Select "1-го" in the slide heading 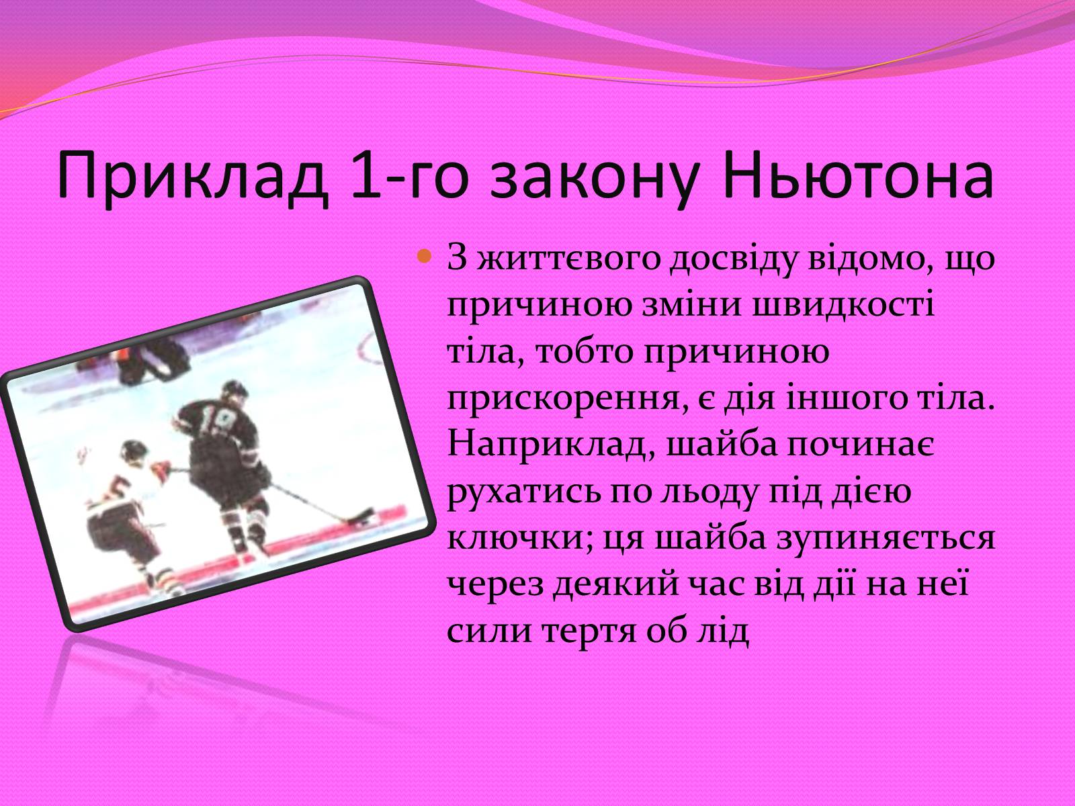click(x=407, y=175)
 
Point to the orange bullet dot click(x=424, y=256)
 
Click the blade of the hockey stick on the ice click(x=360, y=519)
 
